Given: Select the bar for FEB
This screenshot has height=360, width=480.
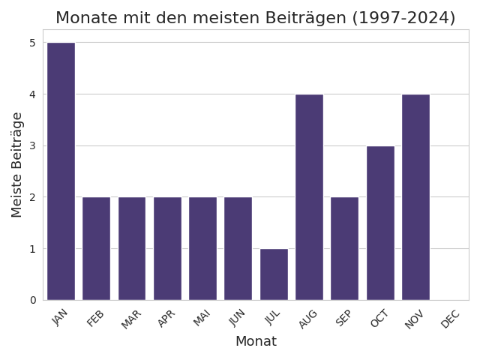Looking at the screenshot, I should tap(96, 248).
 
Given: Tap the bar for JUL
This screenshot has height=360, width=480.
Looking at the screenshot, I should tap(274, 274).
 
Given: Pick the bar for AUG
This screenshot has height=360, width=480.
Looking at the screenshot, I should tap(309, 196).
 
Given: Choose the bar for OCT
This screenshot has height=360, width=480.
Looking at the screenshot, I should tap(380, 223).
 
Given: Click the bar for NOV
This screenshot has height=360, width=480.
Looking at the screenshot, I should tap(415, 196).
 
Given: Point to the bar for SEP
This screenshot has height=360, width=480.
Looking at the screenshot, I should tap(344, 248).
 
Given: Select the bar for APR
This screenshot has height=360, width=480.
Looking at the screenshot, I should tap(167, 248).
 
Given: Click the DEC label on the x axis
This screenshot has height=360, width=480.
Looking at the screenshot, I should tap(450, 319).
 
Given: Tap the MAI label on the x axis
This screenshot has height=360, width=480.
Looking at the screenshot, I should tap(202, 319).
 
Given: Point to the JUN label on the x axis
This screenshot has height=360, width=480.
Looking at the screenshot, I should tap(237, 319).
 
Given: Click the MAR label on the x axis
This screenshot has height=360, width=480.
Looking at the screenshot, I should tap(131, 319).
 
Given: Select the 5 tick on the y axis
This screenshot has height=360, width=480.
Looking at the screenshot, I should tap(32, 43).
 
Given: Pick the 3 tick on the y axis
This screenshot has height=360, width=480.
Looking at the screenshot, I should tap(32, 145).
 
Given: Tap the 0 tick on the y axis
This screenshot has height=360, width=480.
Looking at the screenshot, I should tap(32, 300).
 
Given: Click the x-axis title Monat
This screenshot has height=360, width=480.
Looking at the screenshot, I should tap(256, 342).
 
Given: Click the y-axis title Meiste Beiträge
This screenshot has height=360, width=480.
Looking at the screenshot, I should tap(16, 164).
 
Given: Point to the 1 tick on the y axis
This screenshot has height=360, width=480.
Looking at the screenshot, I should tap(32, 249).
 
